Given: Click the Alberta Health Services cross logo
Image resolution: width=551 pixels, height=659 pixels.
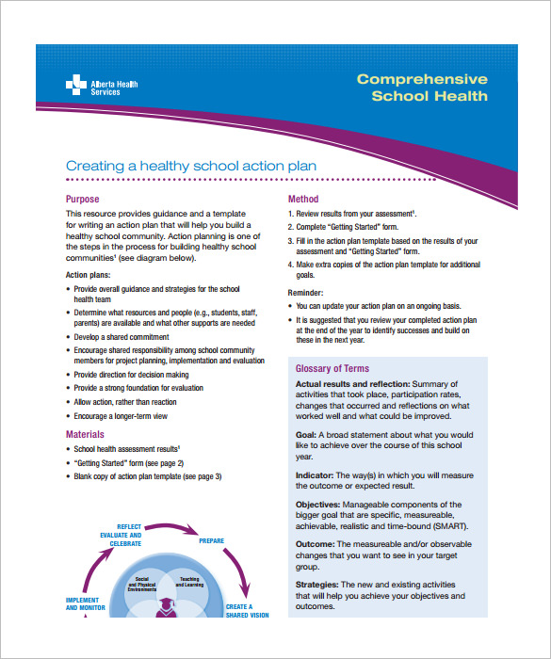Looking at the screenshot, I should point(76,87).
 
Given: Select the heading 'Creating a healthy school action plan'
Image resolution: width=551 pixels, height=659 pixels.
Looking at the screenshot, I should point(191,167).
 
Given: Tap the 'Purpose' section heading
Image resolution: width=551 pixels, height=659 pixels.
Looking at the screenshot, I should point(84,200).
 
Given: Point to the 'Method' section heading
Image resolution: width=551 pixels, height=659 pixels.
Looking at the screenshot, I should point(303,200).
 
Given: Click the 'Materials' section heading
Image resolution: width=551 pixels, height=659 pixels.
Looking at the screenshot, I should point(86,435).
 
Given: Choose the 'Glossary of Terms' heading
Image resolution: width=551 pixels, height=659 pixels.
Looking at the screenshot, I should point(332,368).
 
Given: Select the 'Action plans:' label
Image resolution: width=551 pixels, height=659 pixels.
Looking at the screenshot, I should point(89,274).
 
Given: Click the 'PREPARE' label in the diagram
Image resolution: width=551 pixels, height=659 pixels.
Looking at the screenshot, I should point(211,541).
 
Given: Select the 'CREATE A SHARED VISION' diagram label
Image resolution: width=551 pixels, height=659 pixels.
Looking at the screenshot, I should point(247,612).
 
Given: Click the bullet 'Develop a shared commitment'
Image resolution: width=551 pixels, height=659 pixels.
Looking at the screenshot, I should point(122,336).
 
